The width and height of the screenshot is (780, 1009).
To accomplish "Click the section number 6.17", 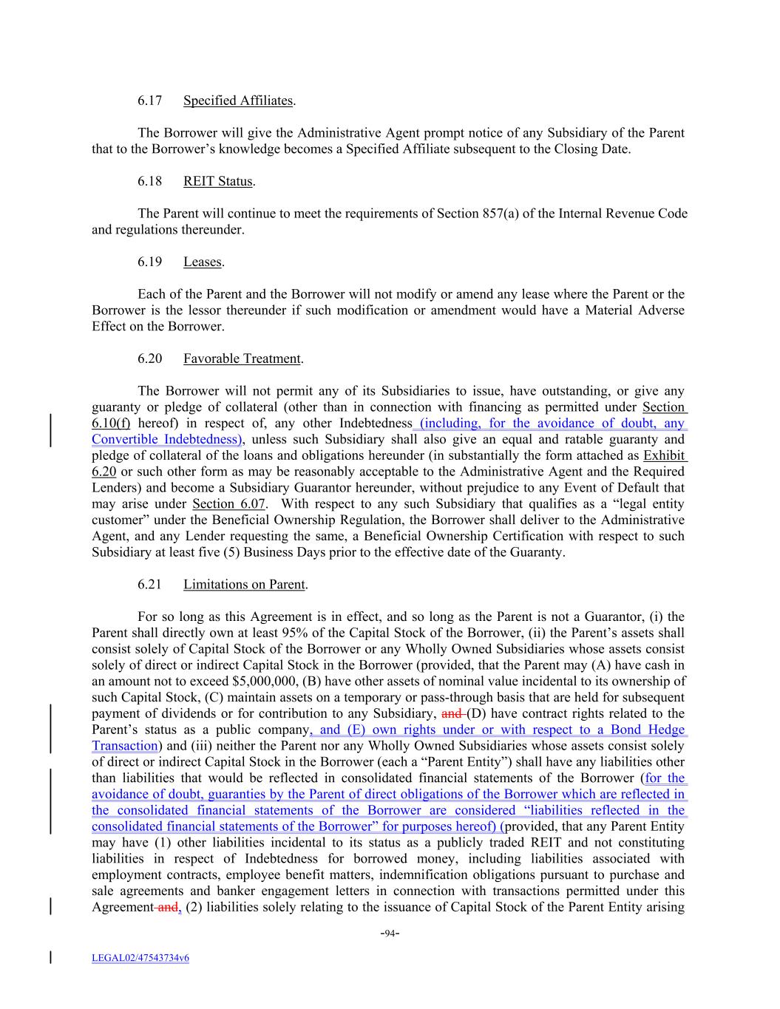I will [x=149, y=101].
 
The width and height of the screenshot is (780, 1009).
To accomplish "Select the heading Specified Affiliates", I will [x=238, y=101].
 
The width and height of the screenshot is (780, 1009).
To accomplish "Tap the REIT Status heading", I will [x=217, y=181].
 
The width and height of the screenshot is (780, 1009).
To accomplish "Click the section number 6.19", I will [x=149, y=262].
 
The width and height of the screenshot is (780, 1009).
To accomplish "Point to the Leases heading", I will [x=202, y=262].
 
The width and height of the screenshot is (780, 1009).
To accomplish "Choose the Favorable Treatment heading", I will [x=242, y=359].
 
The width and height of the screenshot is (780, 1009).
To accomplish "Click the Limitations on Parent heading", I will [x=244, y=584].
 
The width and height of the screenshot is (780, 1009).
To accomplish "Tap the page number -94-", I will [x=390, y=933].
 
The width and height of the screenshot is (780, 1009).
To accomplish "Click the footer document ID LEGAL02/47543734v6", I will [x=140, y=958].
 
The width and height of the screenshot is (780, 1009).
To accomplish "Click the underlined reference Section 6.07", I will [x=224, y=504].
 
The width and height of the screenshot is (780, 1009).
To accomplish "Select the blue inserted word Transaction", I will [x=124, y=746].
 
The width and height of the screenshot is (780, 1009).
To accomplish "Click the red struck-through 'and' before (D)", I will [x=451, y=713].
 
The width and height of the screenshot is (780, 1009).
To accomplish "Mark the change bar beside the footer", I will [x=50, y=958].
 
